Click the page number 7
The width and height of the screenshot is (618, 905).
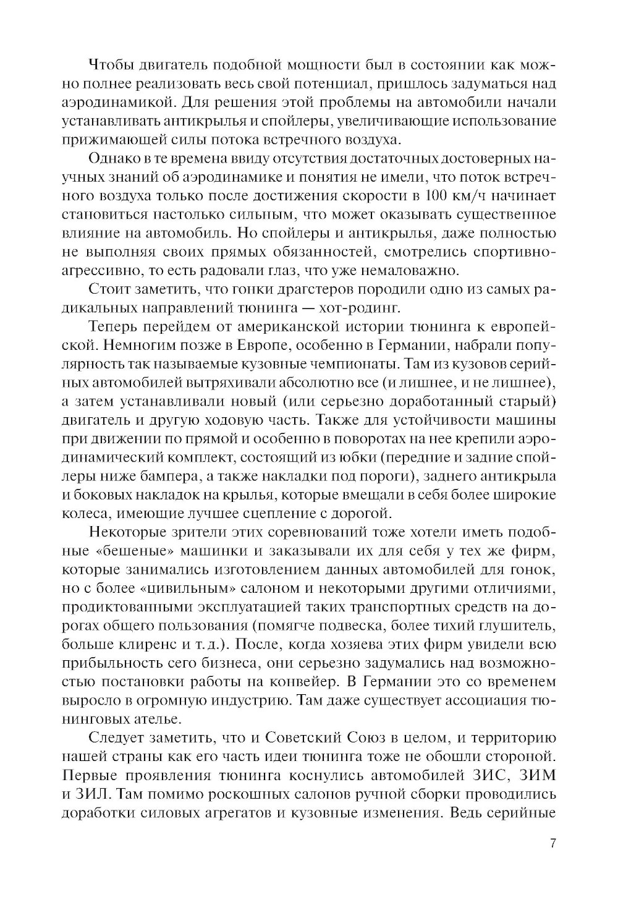pos(552,844)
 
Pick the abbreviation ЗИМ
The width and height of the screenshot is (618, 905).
pos(535,774)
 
